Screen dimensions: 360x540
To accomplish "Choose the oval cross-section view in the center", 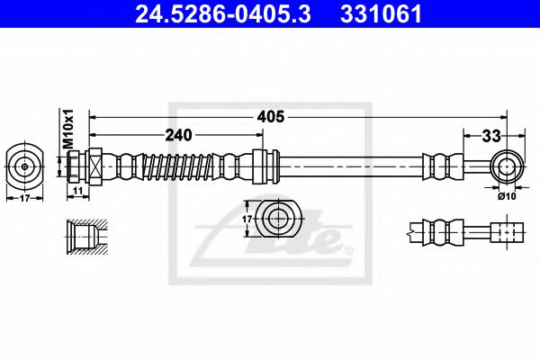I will click(x=278, y=216).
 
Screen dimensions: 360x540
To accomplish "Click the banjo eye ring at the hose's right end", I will click(x=508, y=166).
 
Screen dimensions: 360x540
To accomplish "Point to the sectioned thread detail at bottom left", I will click(x=86, y=236).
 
